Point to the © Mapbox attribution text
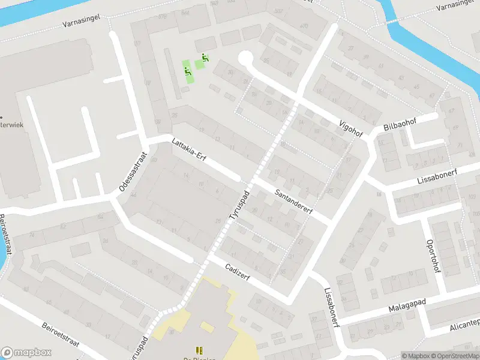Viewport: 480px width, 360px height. click(x=416, y=356)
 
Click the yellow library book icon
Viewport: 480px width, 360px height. click(x=199, y=350)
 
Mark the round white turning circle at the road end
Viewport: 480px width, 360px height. click(x=245, y=59)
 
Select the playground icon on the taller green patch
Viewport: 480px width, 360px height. click(x=188, y=70)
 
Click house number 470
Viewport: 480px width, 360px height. click(x=304, y=26)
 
